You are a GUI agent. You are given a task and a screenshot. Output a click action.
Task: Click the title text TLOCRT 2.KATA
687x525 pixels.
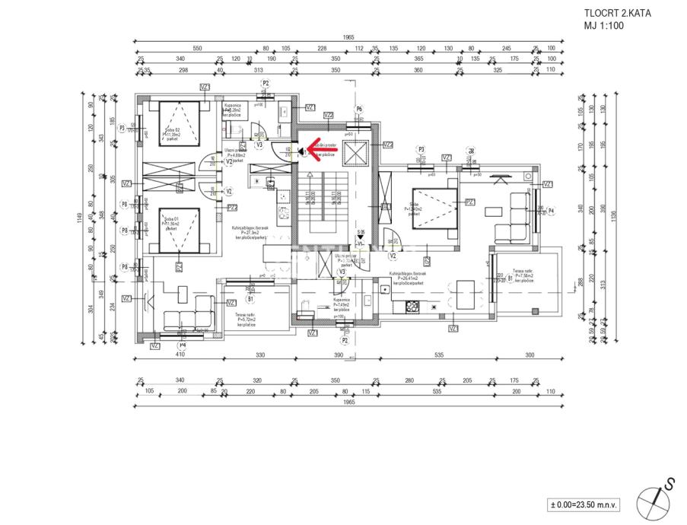tap(618, 13)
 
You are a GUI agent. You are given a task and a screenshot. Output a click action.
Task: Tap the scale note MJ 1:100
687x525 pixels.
tap(604, 25)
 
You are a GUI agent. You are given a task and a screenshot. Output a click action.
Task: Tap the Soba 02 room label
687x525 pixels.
tap(171, 132)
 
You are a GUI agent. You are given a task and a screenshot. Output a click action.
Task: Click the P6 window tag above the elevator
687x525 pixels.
tap(359, 110)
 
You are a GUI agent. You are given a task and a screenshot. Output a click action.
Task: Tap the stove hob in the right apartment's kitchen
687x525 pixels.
tap(413, 306)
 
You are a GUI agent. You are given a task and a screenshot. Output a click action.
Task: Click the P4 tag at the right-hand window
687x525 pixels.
tap(550, 210)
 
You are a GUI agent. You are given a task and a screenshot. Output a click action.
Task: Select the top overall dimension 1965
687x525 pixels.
tap(348, 37)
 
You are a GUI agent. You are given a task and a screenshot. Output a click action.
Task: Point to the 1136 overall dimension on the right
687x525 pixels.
tap(612, 220)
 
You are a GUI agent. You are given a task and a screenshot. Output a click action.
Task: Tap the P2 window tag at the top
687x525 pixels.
tap(266, 83)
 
